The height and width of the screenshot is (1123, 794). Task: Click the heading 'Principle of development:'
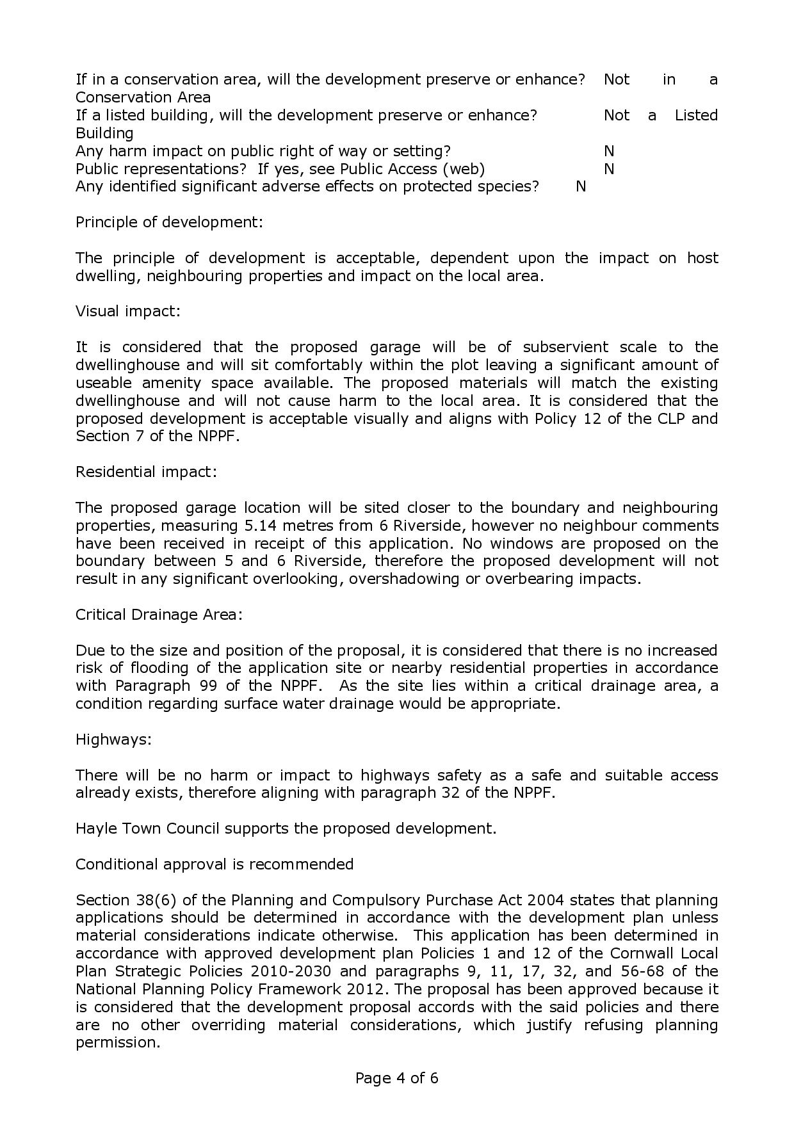click(x=169, y=222)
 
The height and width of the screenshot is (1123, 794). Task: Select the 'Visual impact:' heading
click(x=128, y=311)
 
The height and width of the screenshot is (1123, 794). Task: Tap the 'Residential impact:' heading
click(x=146, y=472)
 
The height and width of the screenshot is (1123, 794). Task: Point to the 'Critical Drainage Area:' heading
click(x=159, y=615)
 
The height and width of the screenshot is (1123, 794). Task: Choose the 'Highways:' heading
click(x=113, y=739)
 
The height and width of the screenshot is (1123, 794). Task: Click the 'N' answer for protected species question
click(x=581, y=186)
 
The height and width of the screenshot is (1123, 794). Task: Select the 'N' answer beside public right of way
click(x=609, y=151)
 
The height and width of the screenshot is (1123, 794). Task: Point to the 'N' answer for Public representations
click(x=609, y=169)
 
